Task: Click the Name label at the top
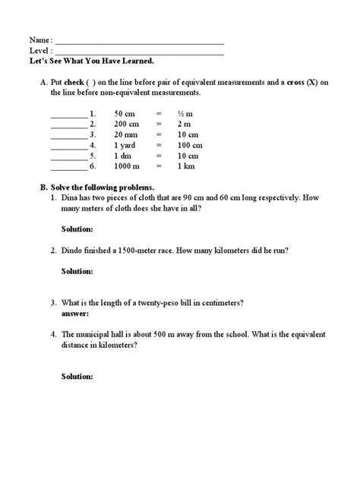[40, 39]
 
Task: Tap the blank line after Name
[140, 43]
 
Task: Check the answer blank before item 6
[69, 176]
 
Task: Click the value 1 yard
[125, 153]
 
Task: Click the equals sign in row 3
[159, 142]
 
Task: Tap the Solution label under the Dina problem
[77, 229]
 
